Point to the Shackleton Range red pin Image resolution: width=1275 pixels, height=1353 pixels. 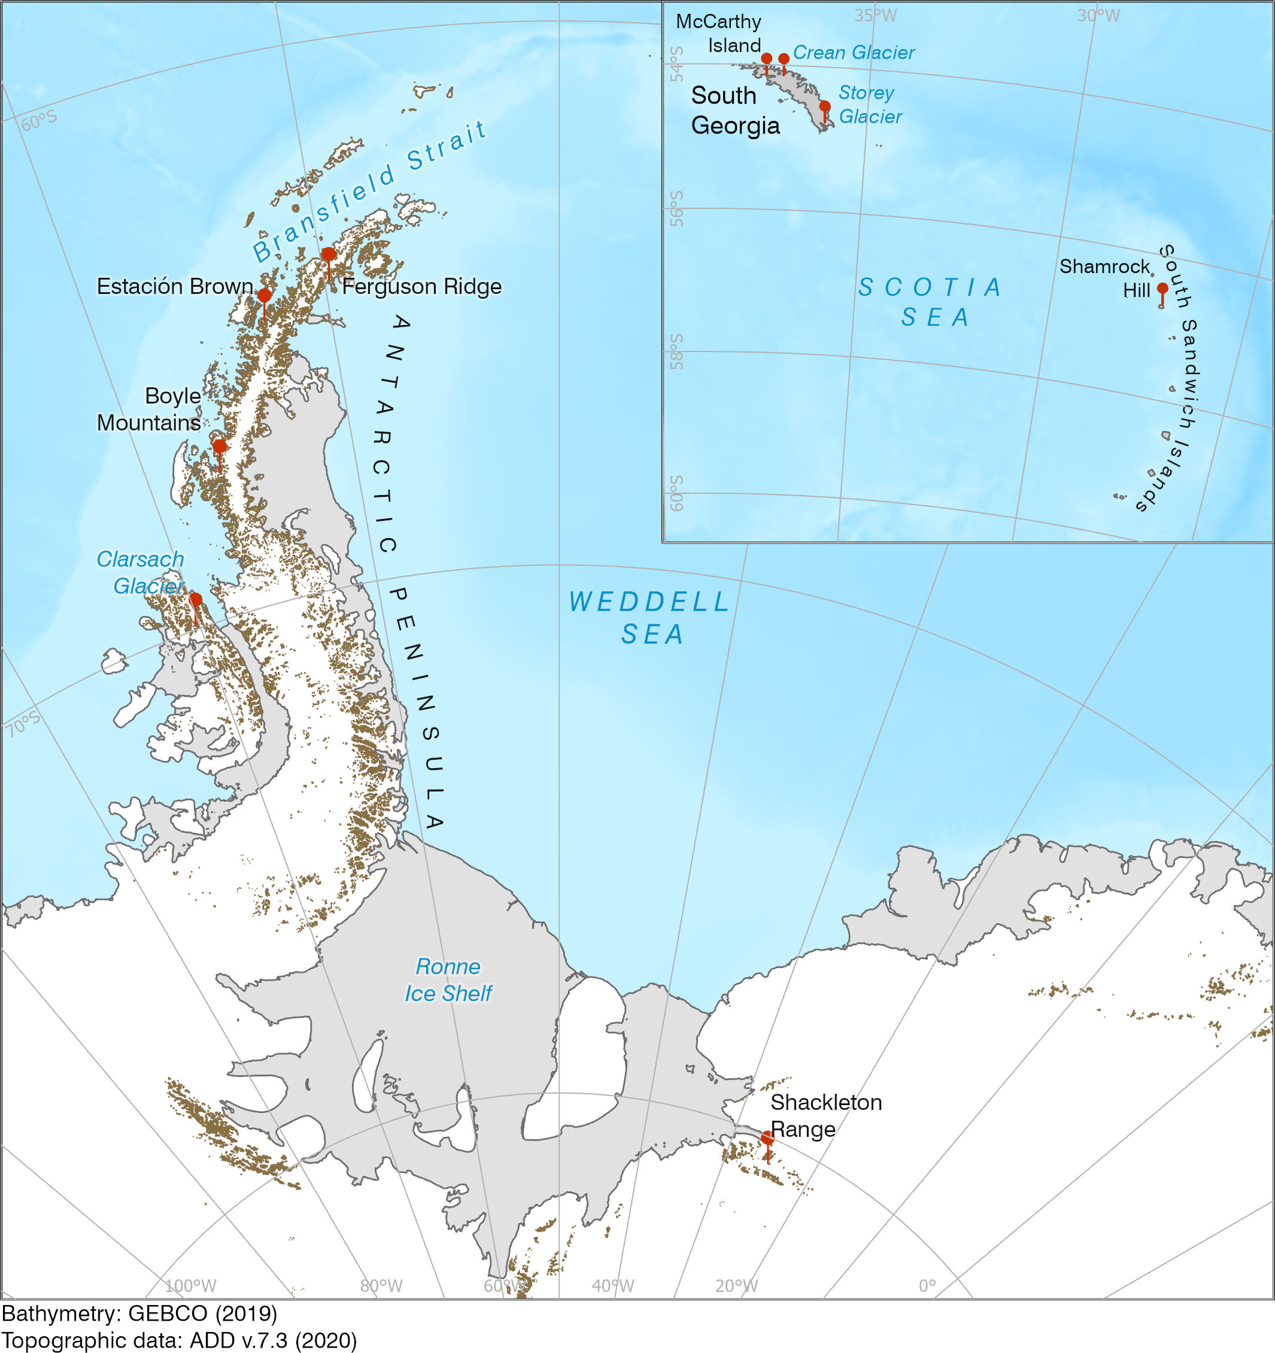tap(767, 1138)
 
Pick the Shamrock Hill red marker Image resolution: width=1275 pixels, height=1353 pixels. tap(1162, 289)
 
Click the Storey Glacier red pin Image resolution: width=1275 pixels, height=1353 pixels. tap(825, 107)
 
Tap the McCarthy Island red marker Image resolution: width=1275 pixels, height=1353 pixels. tap(767, 59)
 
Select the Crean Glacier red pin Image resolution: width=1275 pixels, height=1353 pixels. tap(784, 59)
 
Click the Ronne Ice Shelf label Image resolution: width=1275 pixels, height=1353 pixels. tap(448, 980)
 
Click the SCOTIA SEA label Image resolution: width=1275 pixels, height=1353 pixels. tap(931, 302)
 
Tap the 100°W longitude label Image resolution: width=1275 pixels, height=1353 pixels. tap(190, 1285)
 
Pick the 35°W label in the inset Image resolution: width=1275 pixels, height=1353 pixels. tap(875, 15)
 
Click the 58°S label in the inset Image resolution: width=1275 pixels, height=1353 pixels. tap(676, 351)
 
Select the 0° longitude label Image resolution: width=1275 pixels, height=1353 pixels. tap(927, 1285)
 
